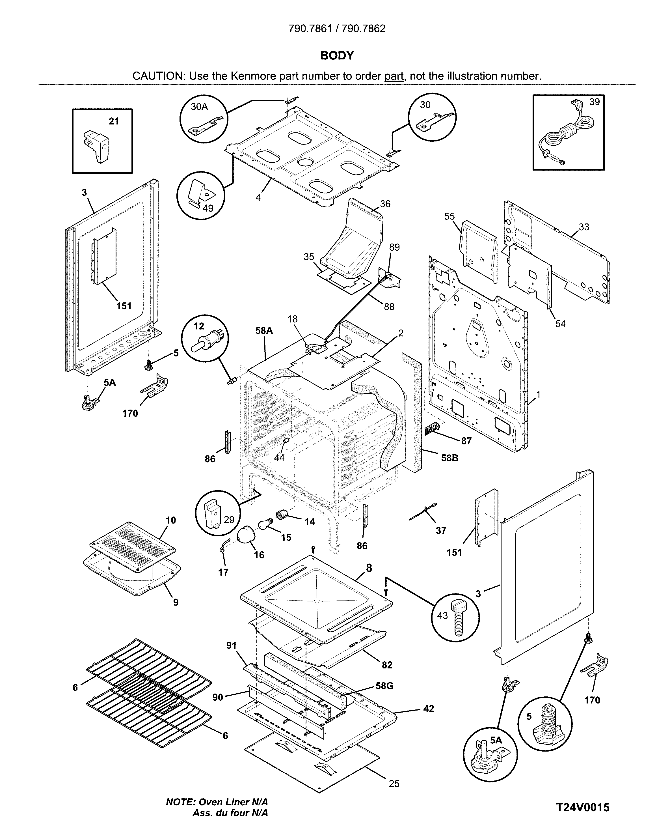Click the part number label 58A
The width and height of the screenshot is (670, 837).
[x=264, y=330]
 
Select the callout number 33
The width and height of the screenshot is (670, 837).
[x=583, y=227]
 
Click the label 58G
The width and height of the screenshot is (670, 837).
[x=384, y=686]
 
